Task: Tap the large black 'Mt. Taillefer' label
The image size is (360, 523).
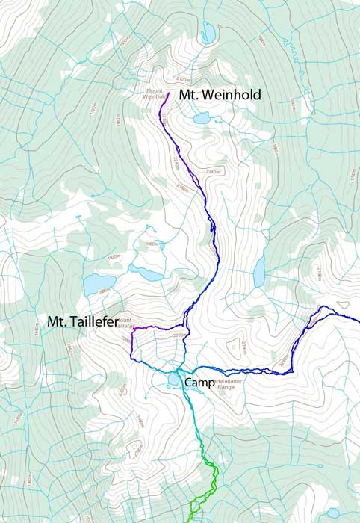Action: pos(82,321)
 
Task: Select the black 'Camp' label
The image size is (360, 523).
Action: pos(199,382)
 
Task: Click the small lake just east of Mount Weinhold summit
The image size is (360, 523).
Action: pos(201,117)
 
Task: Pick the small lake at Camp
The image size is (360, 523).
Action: pos(174,381)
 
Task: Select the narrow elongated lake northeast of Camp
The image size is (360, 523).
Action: pos(258,273)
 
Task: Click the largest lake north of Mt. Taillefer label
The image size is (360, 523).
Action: pos(99,285)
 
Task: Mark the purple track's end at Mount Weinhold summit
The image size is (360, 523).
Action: pos(170,93)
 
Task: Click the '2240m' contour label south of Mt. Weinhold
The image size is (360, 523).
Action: pos(212,172)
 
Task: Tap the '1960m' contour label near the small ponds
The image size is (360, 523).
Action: pos(152,244)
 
